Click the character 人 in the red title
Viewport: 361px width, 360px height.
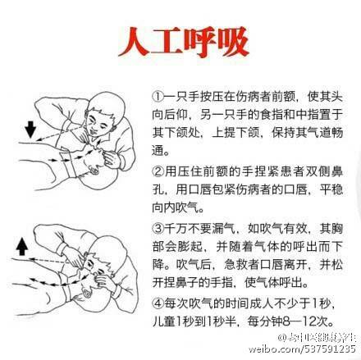coord(135,42)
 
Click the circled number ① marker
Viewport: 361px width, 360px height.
coord(158,97)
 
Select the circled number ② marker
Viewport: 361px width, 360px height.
coord(158,171)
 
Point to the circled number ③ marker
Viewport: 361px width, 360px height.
coord(158,228)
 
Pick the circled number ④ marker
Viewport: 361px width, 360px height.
coord(158,303)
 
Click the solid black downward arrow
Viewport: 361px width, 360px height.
coord(30,130)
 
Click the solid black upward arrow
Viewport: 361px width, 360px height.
coord(22,246)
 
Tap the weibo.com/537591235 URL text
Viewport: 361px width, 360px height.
coord(302,349)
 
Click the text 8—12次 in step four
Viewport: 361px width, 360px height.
coord(308,321)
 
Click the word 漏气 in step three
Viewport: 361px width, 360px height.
coord(224,228)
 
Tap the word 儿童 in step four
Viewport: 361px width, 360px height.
coord(164,321)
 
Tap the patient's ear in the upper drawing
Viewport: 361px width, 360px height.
coord(94,171)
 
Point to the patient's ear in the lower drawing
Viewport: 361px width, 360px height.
coord(87,294)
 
